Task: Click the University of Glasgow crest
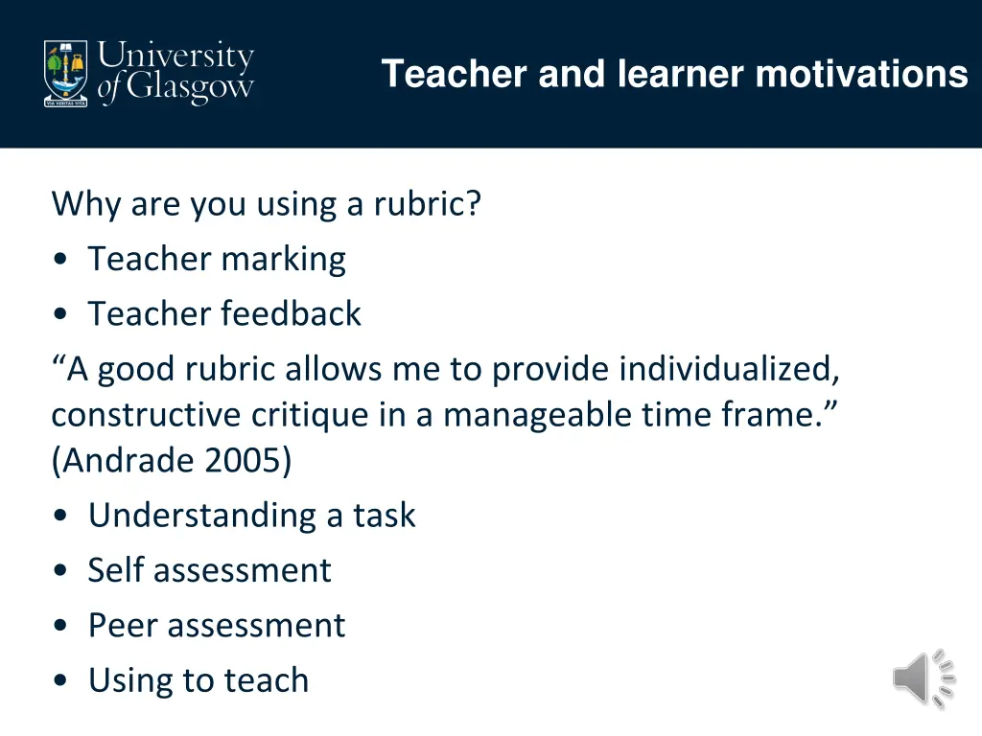click(x=65, y=72)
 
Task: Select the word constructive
click(x=147, y=415)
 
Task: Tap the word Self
click(x=115, y=570)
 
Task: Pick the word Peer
click(x=121, y=625)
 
